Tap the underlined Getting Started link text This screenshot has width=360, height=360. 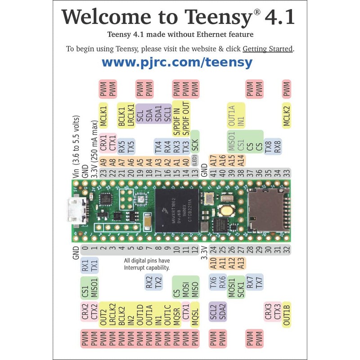[x=268, y=49]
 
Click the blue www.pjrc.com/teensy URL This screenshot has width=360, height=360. [x=177, y=62]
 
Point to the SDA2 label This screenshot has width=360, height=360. [x=222, y=311]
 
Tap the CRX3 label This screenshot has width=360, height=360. [x=268, y=311]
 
